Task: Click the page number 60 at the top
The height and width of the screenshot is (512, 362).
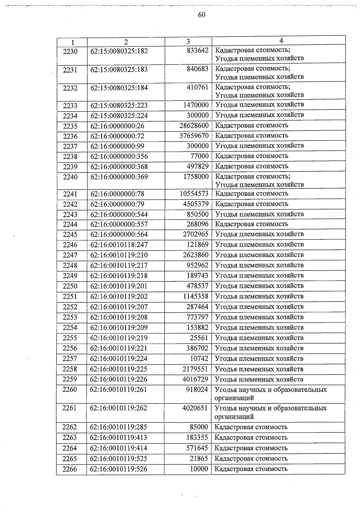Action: click(202, 15)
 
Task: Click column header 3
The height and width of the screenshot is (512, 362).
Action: click(188, 42)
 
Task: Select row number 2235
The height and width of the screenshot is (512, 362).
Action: click(70, 126)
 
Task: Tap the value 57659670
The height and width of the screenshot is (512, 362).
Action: click(194, 136)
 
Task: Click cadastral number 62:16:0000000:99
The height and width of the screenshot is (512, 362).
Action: click(117, 146)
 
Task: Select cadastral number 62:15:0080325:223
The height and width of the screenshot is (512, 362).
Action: click(119, 106)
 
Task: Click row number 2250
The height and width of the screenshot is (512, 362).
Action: click(70, 286)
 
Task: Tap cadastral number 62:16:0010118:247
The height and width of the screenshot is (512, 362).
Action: click(119, 245)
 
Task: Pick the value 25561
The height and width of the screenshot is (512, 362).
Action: click(199, 338)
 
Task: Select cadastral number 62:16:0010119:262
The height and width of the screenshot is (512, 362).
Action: click(119, 408)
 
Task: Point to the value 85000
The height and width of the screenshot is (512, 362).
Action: click(199, 427)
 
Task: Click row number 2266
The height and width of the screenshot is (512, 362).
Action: click(70, 469)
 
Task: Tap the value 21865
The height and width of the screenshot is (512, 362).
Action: click(199, 459)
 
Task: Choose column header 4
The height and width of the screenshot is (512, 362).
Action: click(281, 41)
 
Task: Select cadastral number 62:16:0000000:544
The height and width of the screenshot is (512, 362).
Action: click(119, 214)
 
